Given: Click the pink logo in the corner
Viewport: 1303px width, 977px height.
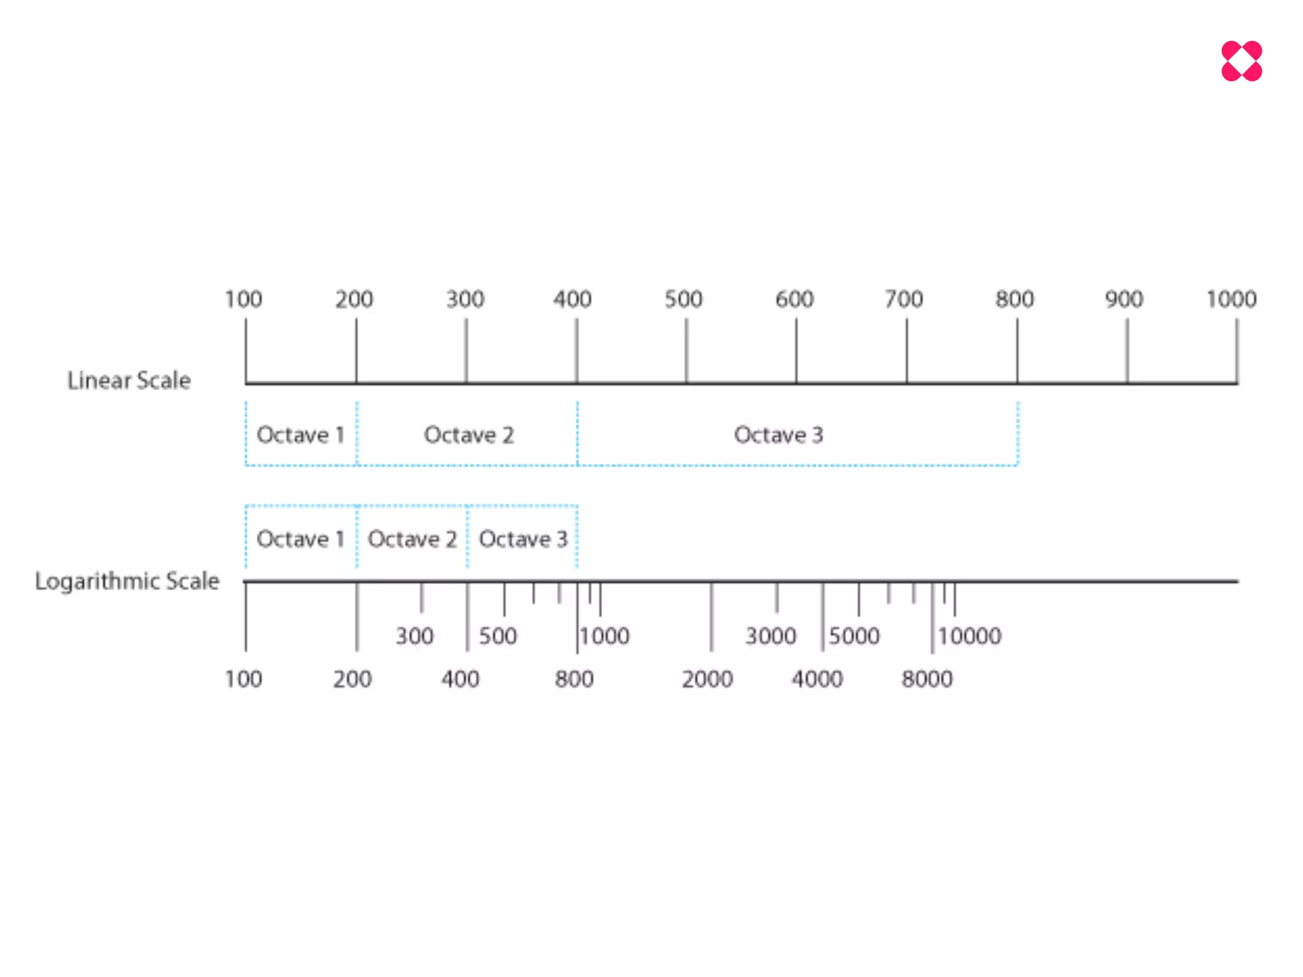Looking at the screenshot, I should [x=1241, y=61].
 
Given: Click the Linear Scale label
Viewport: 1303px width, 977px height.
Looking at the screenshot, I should [x=129, y=380].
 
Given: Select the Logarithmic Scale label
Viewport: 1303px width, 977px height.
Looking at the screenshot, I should [x=127, y=581].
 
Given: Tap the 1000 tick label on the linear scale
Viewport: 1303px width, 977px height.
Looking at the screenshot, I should [x=1231, y=299].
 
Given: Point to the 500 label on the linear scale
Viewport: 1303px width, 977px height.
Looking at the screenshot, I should [x=683, y=299].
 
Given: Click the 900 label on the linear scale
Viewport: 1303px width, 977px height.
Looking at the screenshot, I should [x=1124, y=299].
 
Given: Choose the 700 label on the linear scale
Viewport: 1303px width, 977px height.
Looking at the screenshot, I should [x=903, y=299].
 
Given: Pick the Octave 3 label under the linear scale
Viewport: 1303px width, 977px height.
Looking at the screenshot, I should [x=778, y=435].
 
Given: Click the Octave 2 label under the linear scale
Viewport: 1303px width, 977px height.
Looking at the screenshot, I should [x=469, y=435].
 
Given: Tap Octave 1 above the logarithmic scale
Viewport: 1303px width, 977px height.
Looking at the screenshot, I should [x=300, y=539].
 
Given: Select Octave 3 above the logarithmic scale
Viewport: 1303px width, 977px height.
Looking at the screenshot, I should [x=523, y=539].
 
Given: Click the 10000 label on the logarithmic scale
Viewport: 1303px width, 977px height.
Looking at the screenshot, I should [x=970, y=636].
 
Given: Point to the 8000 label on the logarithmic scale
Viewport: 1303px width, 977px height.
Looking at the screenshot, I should [x=927, y=679].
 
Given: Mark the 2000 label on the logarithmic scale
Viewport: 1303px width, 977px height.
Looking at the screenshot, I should [x=707, y=679].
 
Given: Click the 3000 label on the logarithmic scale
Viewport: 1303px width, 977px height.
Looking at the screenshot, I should [x=770, y=636].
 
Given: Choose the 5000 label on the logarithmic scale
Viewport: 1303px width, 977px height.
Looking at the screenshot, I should [x=854, y=636].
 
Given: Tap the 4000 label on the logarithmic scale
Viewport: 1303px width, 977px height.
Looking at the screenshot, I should [x=817, y=679].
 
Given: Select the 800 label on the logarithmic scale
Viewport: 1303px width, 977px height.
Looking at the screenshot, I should [x=574, y=679].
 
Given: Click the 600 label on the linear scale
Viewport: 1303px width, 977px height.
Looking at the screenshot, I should [x=794, y=299].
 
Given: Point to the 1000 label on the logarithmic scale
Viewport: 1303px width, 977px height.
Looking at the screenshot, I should [x=604, y=636].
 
